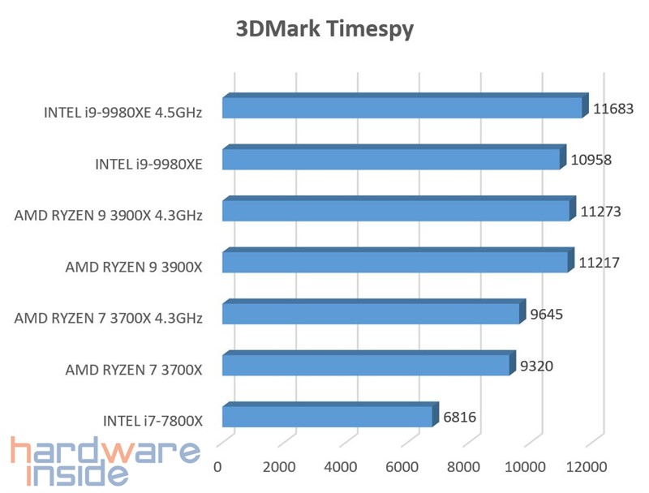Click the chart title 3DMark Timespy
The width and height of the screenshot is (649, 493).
coord(324,30)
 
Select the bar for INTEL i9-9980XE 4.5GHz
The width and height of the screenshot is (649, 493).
coord(402,108)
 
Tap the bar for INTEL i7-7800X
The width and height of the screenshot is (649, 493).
coord(327,417)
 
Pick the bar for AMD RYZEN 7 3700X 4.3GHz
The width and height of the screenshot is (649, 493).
coord(370,314)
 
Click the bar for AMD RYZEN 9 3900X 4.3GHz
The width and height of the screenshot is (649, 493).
coord(396,211)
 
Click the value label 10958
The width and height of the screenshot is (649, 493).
coord(591,160)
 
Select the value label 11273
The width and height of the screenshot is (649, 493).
coord(601,211)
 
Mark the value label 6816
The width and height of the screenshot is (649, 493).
coord(459,418)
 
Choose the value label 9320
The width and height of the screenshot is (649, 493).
coord(535,366)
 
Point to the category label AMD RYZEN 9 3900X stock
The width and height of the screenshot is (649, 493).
coord(135,267)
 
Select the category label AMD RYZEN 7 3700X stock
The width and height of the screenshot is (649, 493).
coord(135,370)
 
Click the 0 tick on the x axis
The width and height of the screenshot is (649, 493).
coord(217,467)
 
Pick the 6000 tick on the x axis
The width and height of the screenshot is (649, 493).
coord(402,467)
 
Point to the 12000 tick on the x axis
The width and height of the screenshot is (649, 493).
coord(587,467)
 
